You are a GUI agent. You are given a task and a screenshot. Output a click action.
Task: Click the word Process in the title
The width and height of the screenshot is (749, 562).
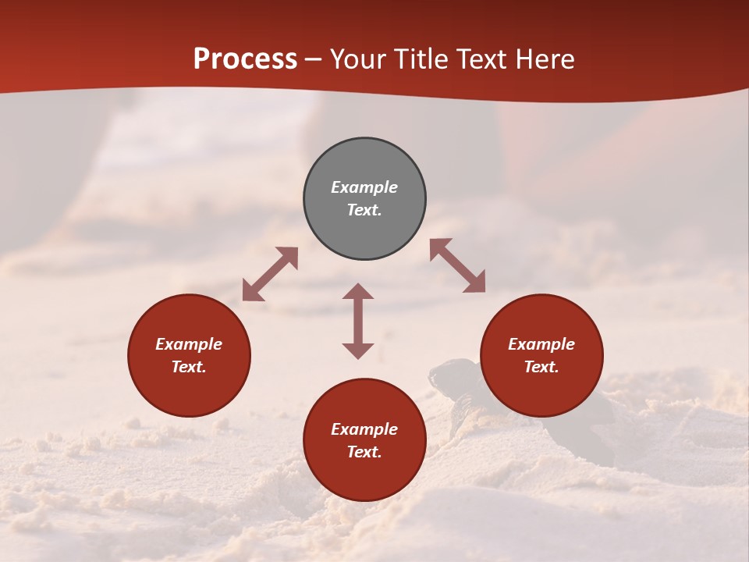[x=245, y=59]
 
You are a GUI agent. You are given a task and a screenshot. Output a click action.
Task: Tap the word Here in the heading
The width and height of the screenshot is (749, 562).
[x=544, y=59]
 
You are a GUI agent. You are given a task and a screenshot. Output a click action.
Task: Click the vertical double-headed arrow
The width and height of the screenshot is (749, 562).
[x=358, y=321]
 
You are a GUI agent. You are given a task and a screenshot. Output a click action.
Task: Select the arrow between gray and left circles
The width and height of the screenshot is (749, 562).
[x=270, y=274]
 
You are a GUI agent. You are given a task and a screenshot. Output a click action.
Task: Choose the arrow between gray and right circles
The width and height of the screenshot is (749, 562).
[x=457, y=265]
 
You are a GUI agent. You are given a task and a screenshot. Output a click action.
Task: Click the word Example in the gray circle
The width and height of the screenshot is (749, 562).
[x=364, y=187]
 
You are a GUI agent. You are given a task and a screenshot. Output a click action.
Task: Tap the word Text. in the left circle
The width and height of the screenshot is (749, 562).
[x=189, y=367]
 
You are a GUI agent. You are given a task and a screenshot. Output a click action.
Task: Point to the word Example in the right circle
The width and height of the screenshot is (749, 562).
[x=541, y=344]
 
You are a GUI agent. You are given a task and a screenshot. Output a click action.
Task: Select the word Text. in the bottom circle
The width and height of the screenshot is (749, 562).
[x=364, y=452]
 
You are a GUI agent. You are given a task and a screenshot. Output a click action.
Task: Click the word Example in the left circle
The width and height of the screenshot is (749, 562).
[x=189, y=344]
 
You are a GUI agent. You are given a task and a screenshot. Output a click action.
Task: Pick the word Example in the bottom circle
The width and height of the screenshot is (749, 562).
[x=364, y=429]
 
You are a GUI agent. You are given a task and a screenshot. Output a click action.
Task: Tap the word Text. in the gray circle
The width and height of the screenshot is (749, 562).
[x=364, y=210]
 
